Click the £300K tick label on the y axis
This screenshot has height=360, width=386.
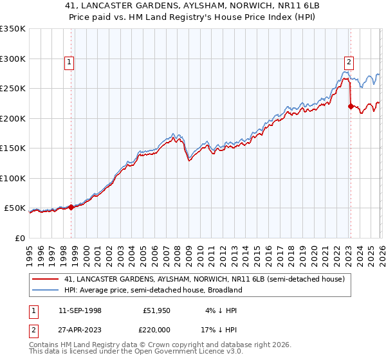coord(13,59)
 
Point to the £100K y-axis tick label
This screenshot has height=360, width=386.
coord(13,178)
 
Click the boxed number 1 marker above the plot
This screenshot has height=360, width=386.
coord(69,62)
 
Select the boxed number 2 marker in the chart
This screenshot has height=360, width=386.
coord(349,62)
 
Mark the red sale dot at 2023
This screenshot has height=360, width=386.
coord(351,107)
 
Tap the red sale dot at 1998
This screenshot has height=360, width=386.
coord(71,207)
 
